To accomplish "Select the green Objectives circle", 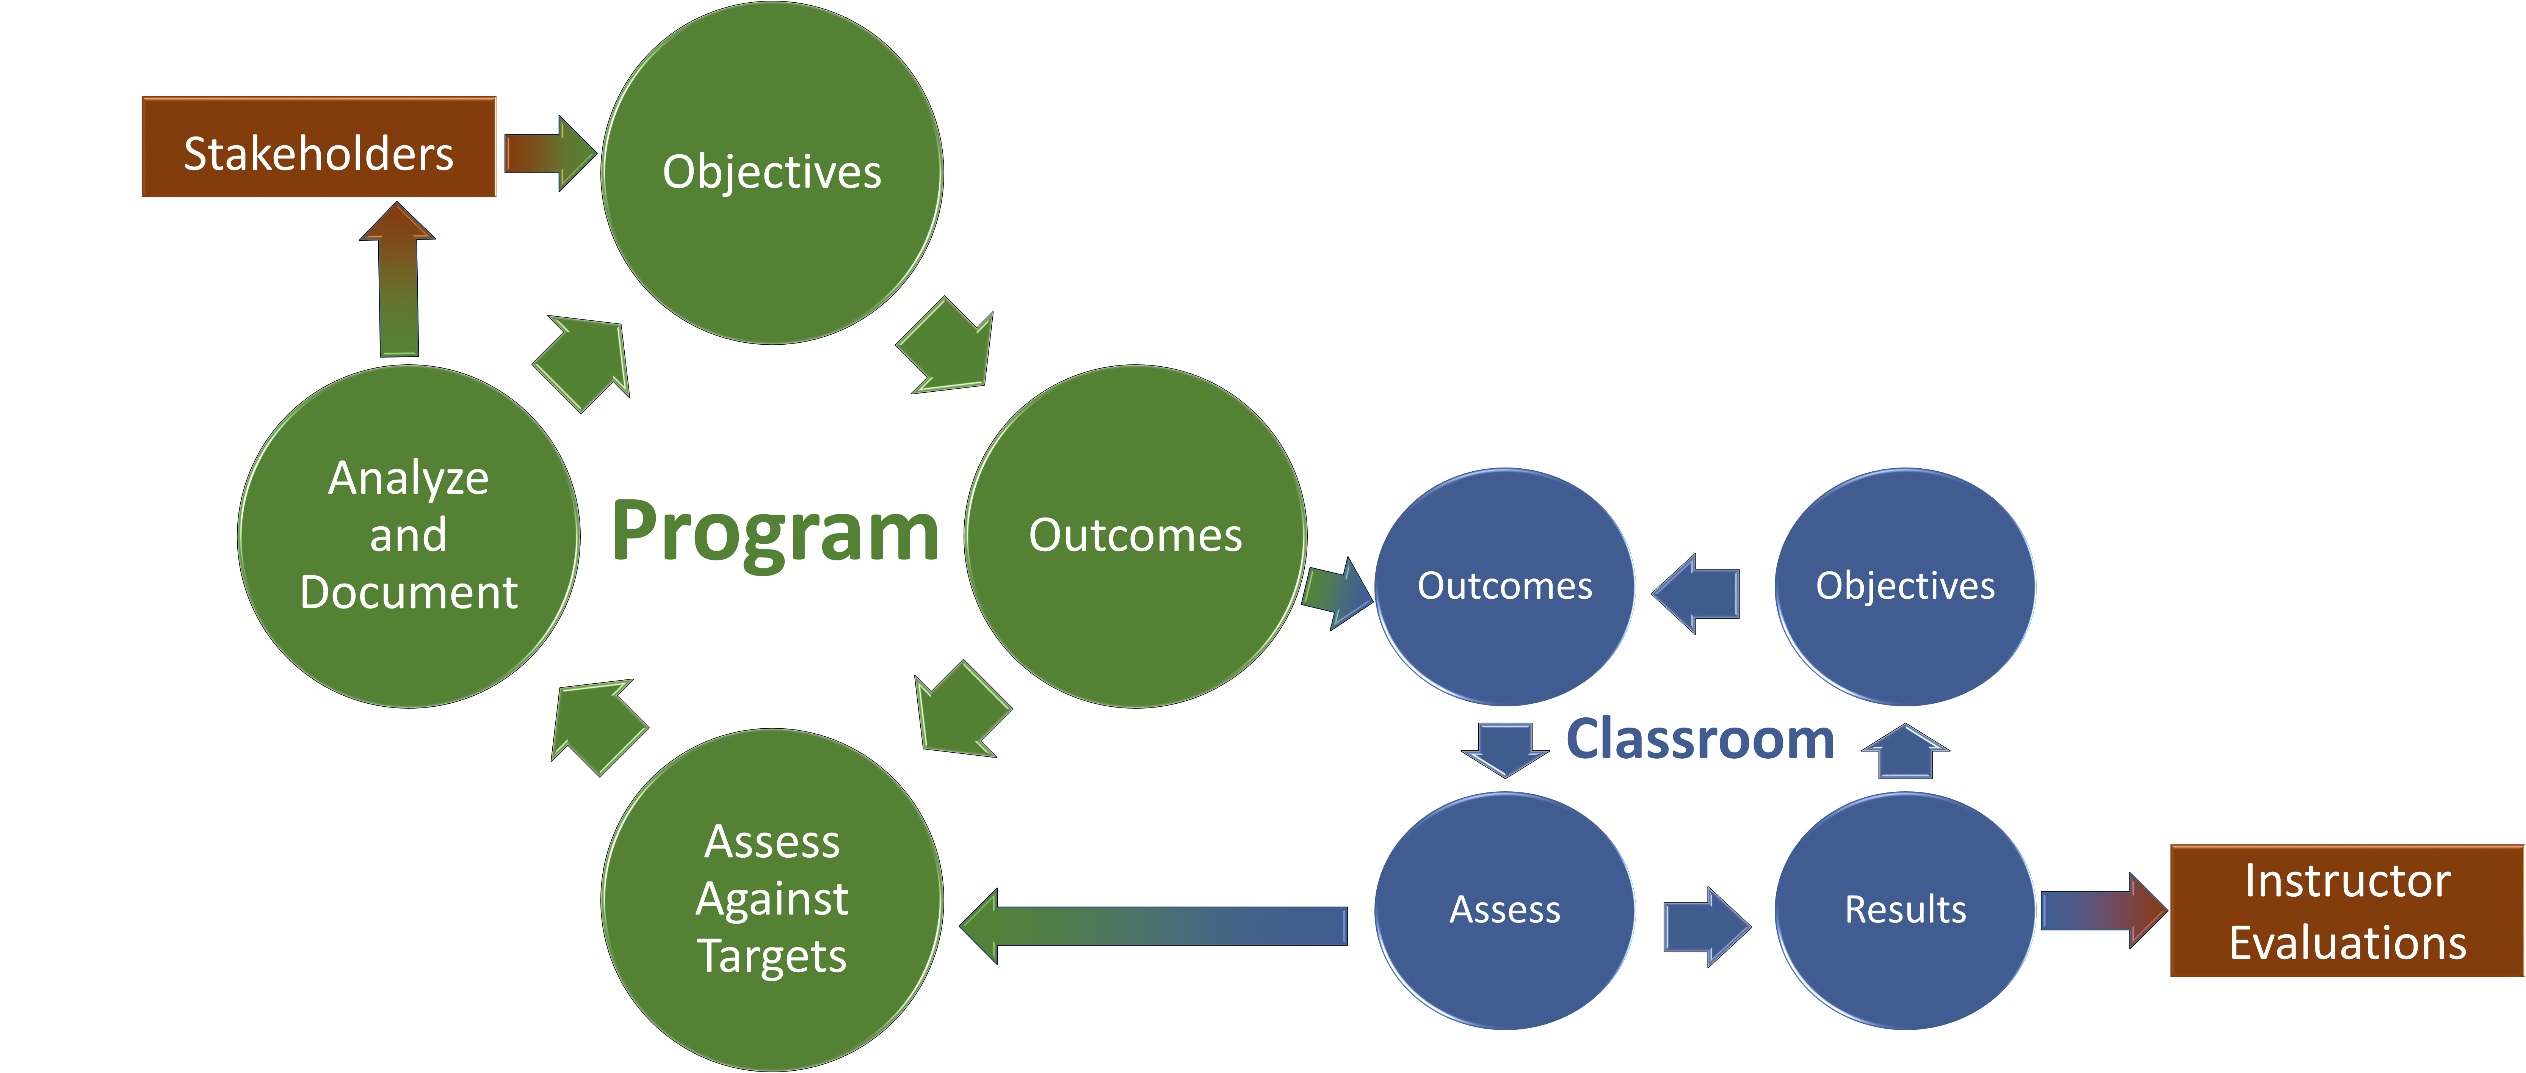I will tap(772, 173).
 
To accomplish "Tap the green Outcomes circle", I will tap(1136, 535).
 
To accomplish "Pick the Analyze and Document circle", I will tap(408, 535).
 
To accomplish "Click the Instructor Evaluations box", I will tap(2347, 911).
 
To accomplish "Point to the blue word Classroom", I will tap(1699, 739).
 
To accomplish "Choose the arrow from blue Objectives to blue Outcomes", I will tap(1697, 593).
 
